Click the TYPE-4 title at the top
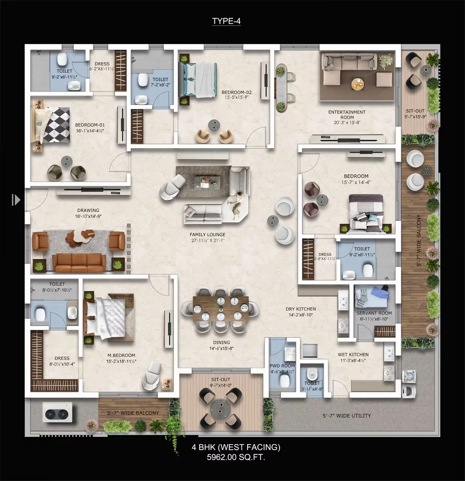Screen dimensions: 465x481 (x=226, y=21)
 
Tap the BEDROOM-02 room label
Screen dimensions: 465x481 (x=237, y=92)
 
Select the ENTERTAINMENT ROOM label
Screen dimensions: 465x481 (x=347, y=115)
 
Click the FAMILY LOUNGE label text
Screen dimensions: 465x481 (x=207, y=234)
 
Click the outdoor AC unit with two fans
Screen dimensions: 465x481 (x=57, y=412)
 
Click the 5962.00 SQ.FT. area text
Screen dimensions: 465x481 (x=236, y=457)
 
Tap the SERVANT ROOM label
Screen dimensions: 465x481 (x=374, y=313)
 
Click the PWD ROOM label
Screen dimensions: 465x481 (x=282, y=366)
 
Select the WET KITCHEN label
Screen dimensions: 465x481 (x=353, y=354)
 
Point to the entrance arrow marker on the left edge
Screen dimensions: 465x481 (x=16, y=200)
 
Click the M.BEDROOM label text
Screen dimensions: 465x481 (x=121, y=355)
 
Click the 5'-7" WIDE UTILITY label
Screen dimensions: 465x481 (x=347, y=416)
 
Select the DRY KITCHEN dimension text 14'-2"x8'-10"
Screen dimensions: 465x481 (x=300, y=315)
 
